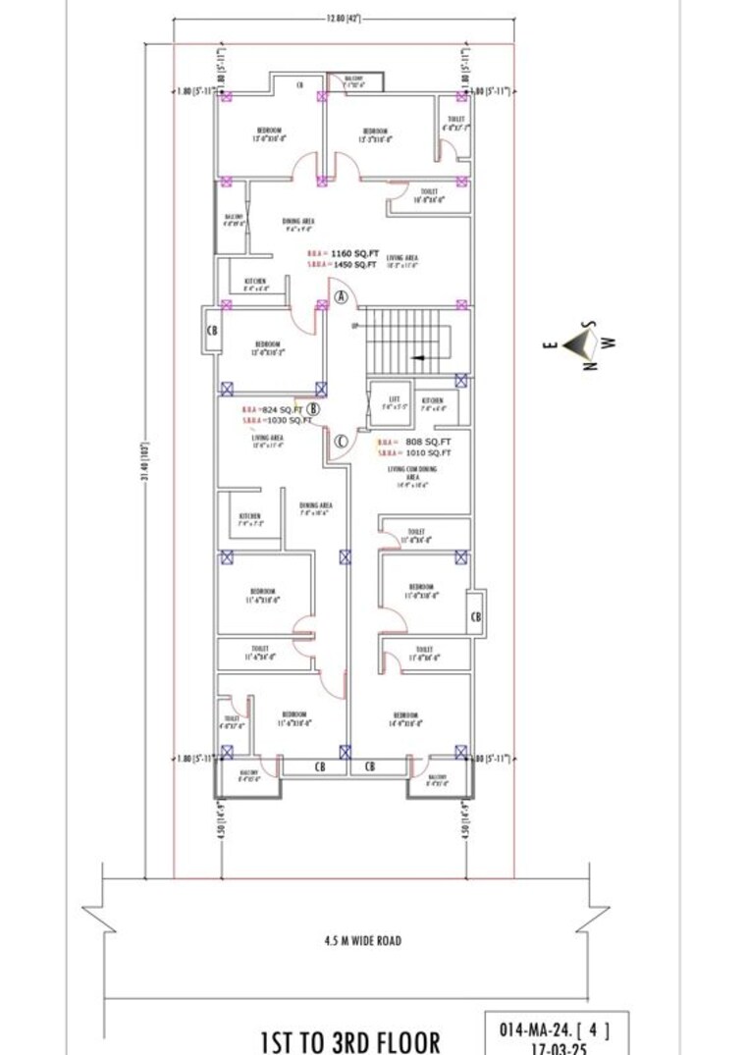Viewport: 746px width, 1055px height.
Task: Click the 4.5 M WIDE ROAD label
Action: pos(362,940)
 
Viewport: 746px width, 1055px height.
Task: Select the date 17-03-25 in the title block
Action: pos(547,1047)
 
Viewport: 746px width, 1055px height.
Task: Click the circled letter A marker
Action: pos(341,295)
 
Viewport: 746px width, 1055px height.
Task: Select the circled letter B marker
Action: pos(313,409)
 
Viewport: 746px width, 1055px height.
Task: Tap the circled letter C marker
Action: pos(340,442)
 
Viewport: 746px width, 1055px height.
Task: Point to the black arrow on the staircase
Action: pos(419,358)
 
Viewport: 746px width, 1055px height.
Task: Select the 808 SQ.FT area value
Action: pos(428,442)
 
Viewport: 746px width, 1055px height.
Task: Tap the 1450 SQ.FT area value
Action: pos(351,265)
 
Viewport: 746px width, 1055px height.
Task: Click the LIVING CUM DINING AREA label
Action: pos(413,473)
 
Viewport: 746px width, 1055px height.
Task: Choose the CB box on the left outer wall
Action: pos(211,330)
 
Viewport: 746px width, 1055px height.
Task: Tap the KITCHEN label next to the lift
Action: pos(432,400)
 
